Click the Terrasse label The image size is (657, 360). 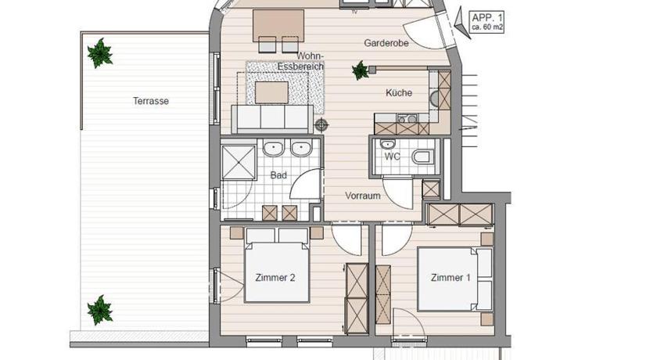tap(151, 101)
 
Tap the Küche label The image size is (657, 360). tap(399, 92)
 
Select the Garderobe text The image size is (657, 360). tap(386, 43)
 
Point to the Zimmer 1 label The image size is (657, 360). tap(451, 278)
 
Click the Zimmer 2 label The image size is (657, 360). tap(275, 278)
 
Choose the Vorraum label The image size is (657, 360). tap(363, 196)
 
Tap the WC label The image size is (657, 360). tap(392, 157)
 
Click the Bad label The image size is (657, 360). tap(278, 175)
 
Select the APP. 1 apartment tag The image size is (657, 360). tap(486, 22)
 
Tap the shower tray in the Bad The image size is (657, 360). tap(239, 162)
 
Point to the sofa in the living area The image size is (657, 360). tap(272, 119)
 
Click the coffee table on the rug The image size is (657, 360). tap(271, 92)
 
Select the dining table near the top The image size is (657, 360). tap(278, 25)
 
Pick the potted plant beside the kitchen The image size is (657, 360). tap(361, 70)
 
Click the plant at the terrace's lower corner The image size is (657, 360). tap(100, 310)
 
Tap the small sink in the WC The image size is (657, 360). tap(388, 145)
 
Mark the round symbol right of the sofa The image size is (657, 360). tap(321, 124)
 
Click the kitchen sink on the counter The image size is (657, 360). tap(406, 119)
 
